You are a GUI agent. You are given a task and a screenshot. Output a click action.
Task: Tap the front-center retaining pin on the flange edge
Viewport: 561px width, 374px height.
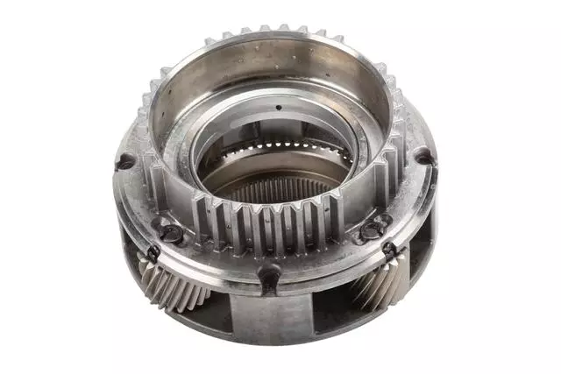[269, 279]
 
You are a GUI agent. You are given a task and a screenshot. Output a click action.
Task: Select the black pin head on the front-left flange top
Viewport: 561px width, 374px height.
[170, 233]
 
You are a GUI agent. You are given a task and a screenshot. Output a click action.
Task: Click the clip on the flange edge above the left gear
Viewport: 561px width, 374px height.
[153, 254]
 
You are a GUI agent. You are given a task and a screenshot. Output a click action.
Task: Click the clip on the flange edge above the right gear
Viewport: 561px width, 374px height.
[388, 250]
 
